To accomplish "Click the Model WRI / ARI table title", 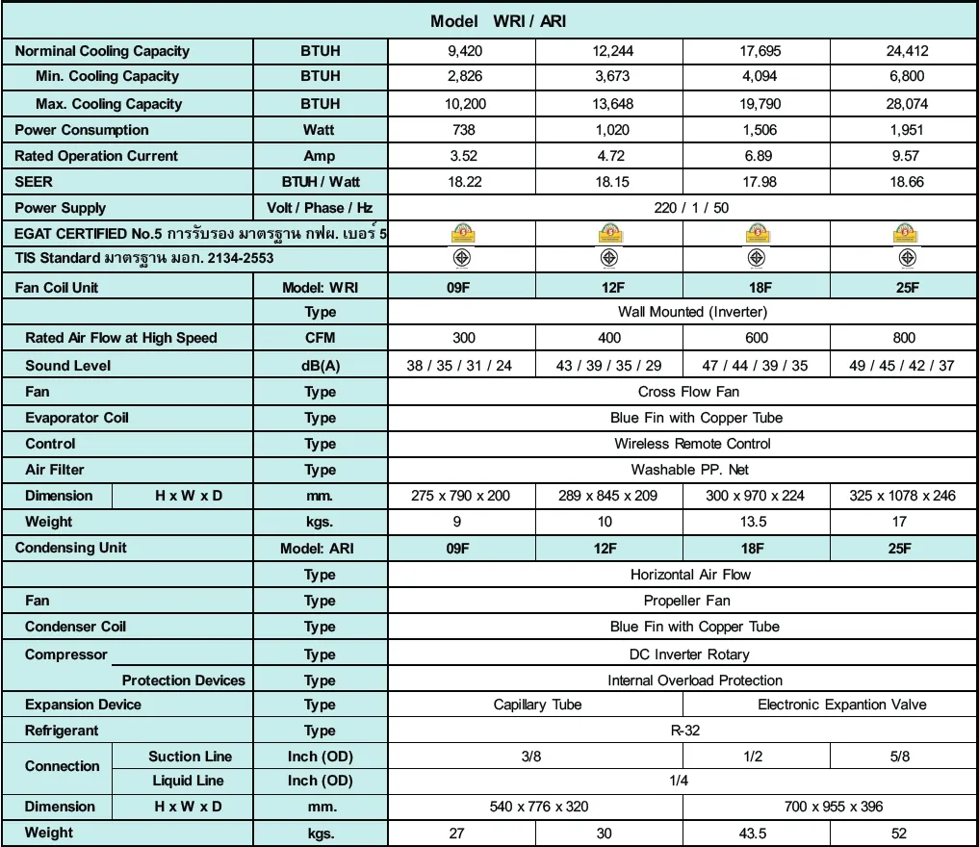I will pos(490,21).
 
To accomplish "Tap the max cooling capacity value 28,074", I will pos(907,104).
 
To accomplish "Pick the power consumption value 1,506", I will pos(757,130).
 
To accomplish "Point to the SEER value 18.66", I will pos(907,182).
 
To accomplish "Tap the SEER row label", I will pos(35,182).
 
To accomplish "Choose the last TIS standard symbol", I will pos(907,258).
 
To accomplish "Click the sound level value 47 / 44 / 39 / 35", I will pos(757,366).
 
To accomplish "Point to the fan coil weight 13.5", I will pos(757,522).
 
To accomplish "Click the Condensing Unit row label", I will pos(71,548).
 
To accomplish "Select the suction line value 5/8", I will pos(900,757).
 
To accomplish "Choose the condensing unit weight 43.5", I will pos(757,834).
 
